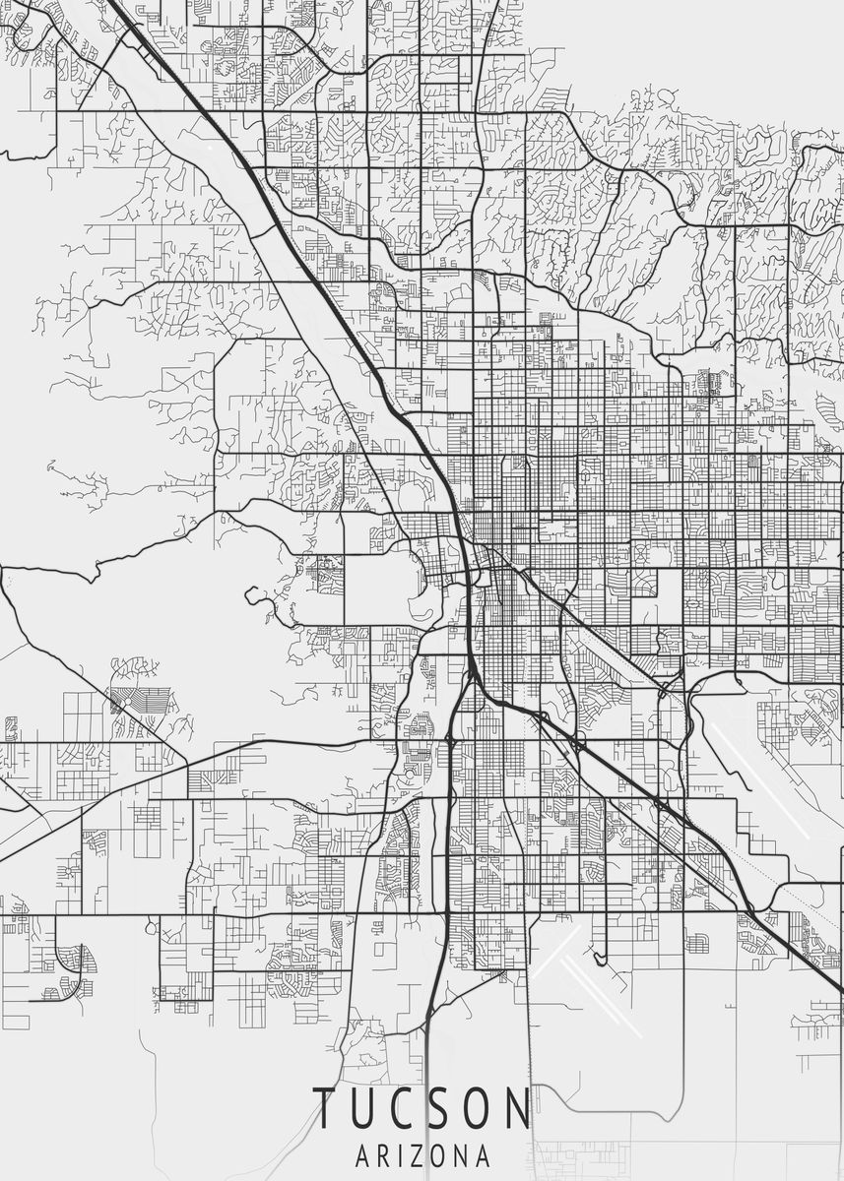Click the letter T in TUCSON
(325, 1109)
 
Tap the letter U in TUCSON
(367, 1109)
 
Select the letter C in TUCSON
(408, 1109)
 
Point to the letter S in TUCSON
(447, 1109)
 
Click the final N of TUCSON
(518, 1109)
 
